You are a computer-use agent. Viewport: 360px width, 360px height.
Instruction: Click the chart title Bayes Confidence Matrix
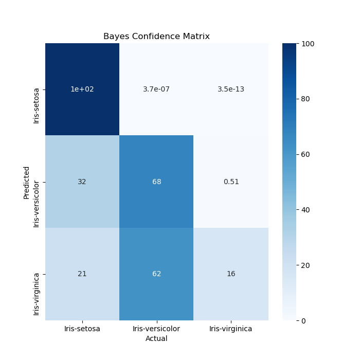click(x=156, y=37)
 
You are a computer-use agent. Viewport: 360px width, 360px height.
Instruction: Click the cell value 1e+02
click(x=82, y=89)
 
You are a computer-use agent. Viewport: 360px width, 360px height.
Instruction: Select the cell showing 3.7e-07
click(x=156, y=89)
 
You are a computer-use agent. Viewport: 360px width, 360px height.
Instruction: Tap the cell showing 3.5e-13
click(x=231, y=89)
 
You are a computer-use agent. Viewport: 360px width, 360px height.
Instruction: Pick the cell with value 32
click(x=82, y=182)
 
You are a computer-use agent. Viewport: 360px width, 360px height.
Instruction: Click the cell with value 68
click(x=156, y=182)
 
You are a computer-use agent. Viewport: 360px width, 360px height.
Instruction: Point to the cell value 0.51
click(x=231, y=182)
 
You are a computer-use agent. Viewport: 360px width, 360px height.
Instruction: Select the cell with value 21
click(x=82, y=274)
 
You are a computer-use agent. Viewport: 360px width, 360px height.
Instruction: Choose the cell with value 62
click(x=156, y=274)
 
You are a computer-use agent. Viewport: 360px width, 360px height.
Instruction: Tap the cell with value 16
click(x=231, y=274)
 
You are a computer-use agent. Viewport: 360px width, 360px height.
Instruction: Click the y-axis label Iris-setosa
click(x=37, y=105)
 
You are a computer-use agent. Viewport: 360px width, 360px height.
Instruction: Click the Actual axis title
click(x=156, y=339)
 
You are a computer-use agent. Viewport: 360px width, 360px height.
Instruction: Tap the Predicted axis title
click(x=26, y=182)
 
